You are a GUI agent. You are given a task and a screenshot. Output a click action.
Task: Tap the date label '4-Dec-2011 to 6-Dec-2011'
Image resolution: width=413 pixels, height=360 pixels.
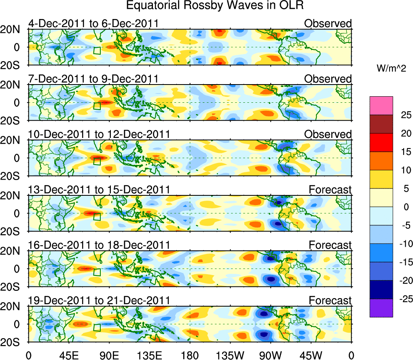93,23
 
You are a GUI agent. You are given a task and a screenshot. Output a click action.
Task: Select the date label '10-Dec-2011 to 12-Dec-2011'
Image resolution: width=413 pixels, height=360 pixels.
99,134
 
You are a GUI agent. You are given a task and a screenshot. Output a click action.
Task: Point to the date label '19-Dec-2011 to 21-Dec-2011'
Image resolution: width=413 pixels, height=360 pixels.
99,301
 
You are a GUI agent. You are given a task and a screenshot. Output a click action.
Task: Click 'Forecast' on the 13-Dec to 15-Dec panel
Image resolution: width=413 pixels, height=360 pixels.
330,190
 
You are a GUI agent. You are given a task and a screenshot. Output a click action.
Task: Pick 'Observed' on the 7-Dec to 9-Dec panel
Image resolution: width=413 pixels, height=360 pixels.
328,79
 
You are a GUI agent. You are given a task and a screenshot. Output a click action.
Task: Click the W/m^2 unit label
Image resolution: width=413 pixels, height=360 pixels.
393,69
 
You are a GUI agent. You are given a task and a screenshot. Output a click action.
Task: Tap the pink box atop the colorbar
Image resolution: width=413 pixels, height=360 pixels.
381,106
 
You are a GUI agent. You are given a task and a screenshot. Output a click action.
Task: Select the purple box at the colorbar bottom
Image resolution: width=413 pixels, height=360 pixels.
381,308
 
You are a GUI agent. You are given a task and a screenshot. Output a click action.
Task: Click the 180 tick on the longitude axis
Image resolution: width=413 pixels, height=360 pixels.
190,355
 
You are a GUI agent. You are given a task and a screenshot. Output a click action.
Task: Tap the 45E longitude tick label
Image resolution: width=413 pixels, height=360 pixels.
68,355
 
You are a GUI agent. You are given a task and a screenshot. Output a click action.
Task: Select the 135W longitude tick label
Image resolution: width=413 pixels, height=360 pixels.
230,355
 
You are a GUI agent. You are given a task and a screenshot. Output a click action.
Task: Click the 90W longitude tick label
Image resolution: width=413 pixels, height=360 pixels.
271,355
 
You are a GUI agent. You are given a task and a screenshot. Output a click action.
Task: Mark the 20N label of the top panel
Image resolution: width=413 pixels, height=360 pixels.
13,29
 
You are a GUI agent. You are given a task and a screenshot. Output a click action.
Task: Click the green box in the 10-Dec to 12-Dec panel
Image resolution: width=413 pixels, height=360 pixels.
97,161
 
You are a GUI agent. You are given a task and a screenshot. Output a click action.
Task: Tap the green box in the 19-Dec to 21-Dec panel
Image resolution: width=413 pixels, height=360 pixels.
97,327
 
